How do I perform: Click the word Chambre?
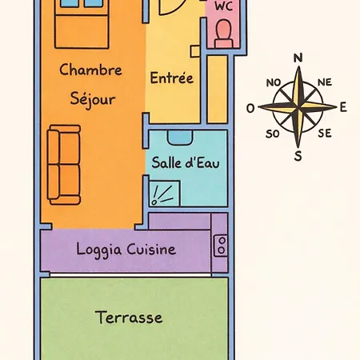[90, 70]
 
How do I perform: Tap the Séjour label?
[93, 99]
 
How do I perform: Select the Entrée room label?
[172, 78]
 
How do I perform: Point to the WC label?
[223, 6]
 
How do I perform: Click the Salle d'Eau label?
[186, 163]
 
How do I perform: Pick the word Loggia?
[99, 250]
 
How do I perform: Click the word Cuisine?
[151, 250]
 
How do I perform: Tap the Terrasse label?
[129, 317]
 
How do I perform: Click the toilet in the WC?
[223, 34]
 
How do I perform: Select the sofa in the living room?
[64, 165]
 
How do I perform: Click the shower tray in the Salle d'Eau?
[165, 193]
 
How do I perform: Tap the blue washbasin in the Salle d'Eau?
[180, 138]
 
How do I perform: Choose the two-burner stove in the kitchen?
[221, 246]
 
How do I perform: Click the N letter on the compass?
[298, 58]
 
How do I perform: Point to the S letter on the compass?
[298, 156]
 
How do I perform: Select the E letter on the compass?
[343, 107]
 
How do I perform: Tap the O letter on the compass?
[250, 109]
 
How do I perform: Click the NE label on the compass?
[325, 82]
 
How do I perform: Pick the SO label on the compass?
[273, 134]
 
